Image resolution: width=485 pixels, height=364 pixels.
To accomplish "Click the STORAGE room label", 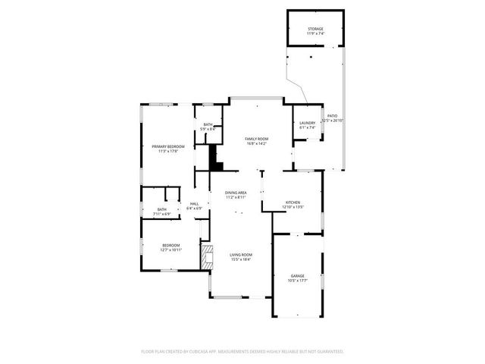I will pyautogui.click(x=314, y=29).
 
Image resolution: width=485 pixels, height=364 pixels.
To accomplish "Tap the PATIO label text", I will pyautogui.click(x=332, y=116).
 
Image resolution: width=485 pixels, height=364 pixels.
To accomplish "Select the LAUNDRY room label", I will pyautogui.click(x=307, y=123).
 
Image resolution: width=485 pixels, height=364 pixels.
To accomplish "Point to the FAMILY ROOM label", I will pyautogui.click(x=256, y=139).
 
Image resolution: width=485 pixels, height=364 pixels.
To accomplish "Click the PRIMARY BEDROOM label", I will pyautogui.click(x=167, y=146).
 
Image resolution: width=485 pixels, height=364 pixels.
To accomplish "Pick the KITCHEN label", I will pyautogui.click(x=293, y=202).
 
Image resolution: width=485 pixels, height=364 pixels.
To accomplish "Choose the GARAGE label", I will pyautogui.click(x=298, y=275).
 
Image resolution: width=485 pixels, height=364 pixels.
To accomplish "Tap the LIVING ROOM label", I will pyautogui.click(x=241, y=255).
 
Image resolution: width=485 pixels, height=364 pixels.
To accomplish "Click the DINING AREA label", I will pyautogui.click(x=236, y=193).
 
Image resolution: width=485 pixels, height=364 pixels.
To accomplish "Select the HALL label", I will pyautogui.click(x=194, y=203).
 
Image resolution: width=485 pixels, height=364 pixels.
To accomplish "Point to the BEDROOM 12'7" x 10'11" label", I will pyautogui.click(x=171, y=245).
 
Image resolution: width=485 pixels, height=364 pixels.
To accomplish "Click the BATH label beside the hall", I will pyautogui.click(x=162, y=209).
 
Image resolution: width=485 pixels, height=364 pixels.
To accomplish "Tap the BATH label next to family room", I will pyautogui.click(x=208, y=125).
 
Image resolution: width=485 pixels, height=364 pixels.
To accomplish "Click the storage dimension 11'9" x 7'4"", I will pyautogui.click(x=314, y=34).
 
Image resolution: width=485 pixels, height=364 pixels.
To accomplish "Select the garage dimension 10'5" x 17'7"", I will pyautogui.click(x=298, y=281).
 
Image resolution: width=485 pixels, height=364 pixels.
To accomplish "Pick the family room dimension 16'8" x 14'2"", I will pyautogui.click(x=256, y=143).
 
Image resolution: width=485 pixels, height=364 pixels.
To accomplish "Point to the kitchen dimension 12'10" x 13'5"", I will pyautogui.click(x=293, y=207).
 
